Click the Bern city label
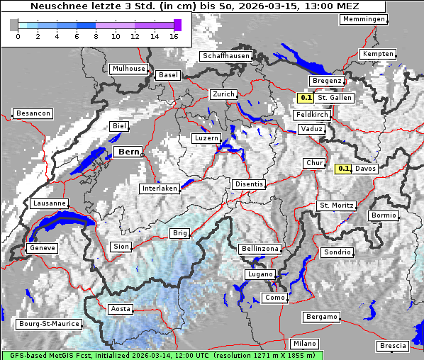[x=129, y=152]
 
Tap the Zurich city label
[x=223, y=94]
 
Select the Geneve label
[x=41, y=248]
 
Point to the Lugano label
[x=260, y=274]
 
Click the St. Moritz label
[x=336, y=206]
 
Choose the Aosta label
[x=120, y=309]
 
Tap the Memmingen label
[x=364, y=19]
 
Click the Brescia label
[x=393, y=346]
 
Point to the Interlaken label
[x=159, y=189]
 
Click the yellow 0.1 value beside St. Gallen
[x=306, y=98]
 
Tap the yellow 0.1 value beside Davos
[x=344, y=169]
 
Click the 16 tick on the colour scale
[x=174, y=36]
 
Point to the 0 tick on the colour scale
[x=18, y=36]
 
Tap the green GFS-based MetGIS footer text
[x=162, y=355]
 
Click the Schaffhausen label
[x=225, y=55]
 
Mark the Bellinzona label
[x=260, y=249]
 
